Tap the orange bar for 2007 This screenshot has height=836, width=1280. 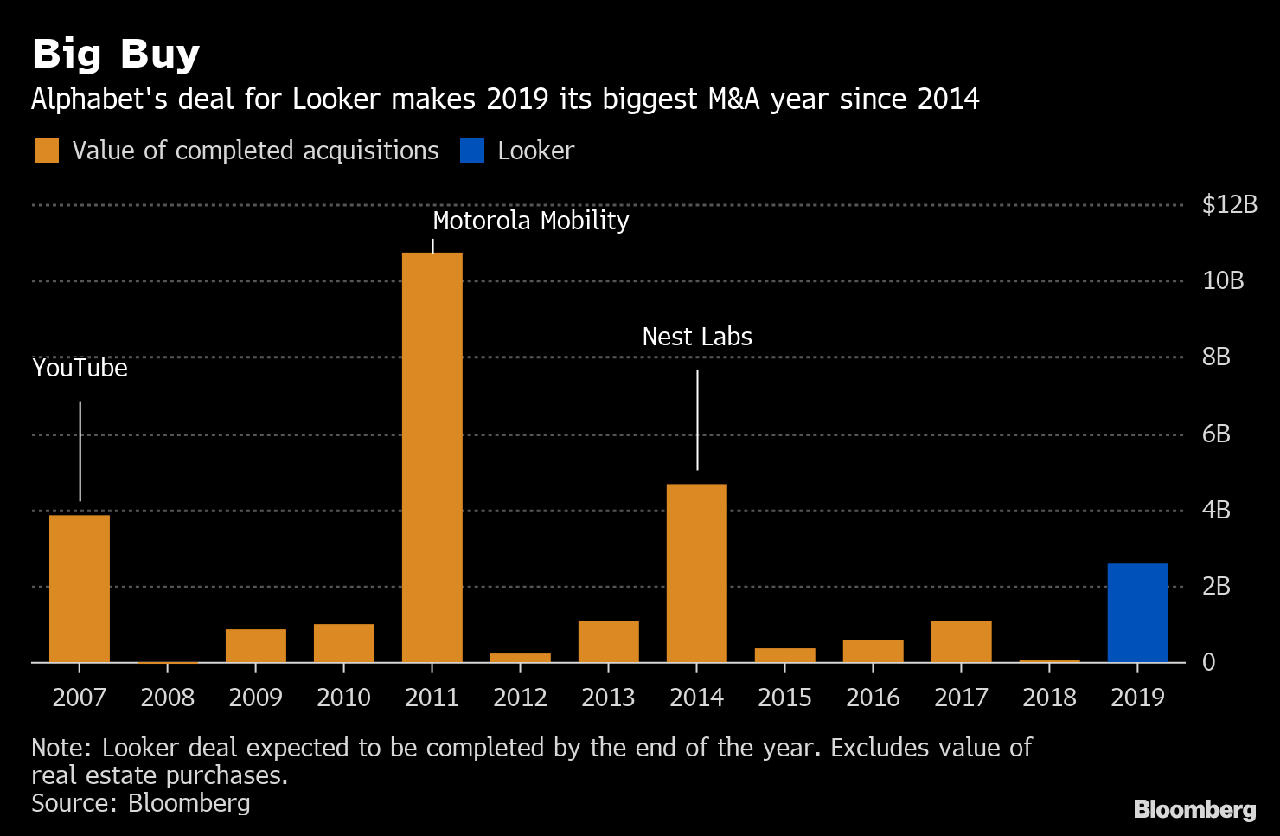pyautogui.click(x=80, y=588)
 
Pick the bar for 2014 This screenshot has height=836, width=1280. pyautogui.click(x=697, y=573)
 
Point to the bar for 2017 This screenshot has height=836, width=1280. pyautogui.click(x=961, y=641)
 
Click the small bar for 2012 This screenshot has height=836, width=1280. pyautogui.click(x=521, y=658)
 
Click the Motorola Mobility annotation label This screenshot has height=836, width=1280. pyautogui.click(x=530, y=221)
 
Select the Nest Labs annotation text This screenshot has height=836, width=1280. pyautogui.click(x=697, y=337)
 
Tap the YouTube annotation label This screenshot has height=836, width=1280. pyautogui.click(x=80, y=368)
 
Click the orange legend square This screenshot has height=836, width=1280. pyautogui.click(x=47, y=151)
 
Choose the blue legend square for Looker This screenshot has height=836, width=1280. pyautogui.click(x=472, y=151)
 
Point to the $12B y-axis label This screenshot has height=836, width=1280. pyautogui.click(x=1229, y=204)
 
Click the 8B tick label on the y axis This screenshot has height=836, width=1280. pyautogui.click(x=1216, y=357)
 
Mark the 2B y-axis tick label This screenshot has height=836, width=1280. pyautogui.click(x=1216, y=586)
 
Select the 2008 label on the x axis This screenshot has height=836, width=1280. pyautogui.click(x=168, y=697)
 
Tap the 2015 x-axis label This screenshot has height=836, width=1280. pyautogui.click(x=784, y=697)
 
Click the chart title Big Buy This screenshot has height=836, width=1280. pyautogui.click(x=116, y=54)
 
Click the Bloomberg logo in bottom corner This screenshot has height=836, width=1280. pyautogui.click(x=1194, y=809)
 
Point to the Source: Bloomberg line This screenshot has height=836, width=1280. pyautogui.click(x=141, y=803)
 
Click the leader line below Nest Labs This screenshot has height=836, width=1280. pyautogui.click(x=697, y=421)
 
